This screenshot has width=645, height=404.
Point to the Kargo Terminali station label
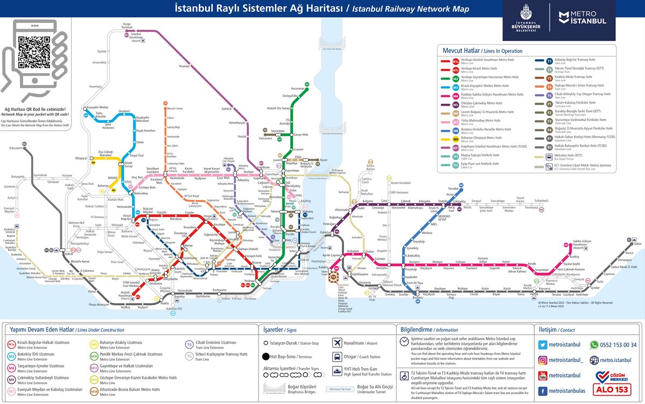[127, 25]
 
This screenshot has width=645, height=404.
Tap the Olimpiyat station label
[81, 158]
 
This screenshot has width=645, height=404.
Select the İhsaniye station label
[184, 66]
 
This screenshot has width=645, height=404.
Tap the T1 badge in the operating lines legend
[549, 61]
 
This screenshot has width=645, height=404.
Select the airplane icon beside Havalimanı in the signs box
[337, 342]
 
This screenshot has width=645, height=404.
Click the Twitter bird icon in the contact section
[543, 344]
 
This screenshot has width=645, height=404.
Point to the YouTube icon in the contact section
[543, 375]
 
